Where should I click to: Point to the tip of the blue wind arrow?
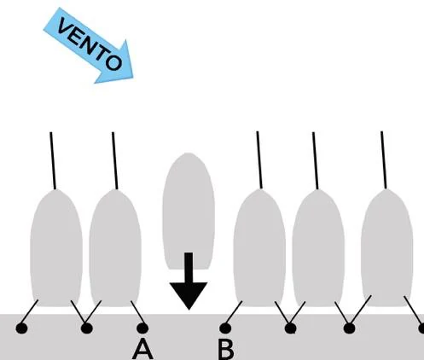133,78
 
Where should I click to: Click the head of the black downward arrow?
189,295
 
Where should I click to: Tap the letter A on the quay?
142,350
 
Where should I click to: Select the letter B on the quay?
226,349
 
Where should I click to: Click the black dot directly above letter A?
142,328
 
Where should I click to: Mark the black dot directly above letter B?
225,328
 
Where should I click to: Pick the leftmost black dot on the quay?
21,328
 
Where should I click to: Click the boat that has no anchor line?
189,211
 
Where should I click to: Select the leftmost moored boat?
56,248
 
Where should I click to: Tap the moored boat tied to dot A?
115,248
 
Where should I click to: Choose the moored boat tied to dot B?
259,248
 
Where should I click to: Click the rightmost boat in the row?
386,247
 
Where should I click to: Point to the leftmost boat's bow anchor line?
53,160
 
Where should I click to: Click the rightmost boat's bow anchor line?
384,160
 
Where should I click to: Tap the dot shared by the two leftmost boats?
87,328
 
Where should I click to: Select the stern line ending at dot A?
138,312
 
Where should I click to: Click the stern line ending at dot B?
234,312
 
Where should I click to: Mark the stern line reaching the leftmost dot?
30,312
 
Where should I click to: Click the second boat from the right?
318,248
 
